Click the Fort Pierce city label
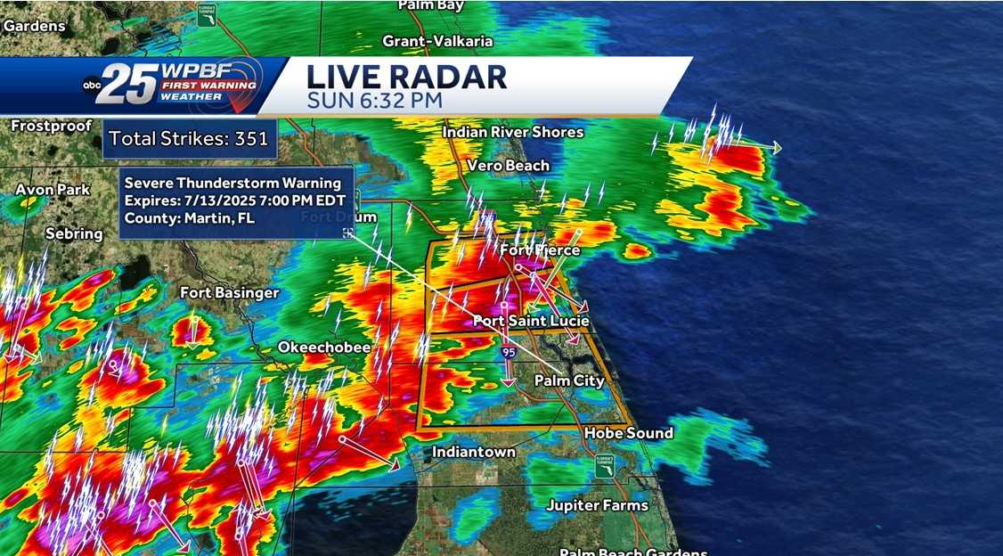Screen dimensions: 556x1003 click(x=540, y=250)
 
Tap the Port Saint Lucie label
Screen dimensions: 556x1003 click(x=531, y=321)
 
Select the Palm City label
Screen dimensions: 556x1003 click(x=569, y=380)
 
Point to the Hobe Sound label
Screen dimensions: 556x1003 click(x=628, y=433)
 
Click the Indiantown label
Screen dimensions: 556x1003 click(x=474, y=452)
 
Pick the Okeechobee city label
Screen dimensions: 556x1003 click(x=324, y=347)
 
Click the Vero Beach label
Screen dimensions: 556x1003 click(x=509, y=166)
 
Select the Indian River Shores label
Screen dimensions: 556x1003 click(x=513, y=133)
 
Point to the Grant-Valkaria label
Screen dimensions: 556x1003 click(x=437, y=41)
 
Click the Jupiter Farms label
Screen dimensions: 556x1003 click(x=598, y=505)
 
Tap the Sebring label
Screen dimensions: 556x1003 click(x=74, y=233)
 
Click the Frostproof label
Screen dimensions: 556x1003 click(x=52, y=127)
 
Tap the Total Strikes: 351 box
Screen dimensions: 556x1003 click(x=184, y=139)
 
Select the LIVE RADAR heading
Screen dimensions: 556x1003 click(x=406, y=77)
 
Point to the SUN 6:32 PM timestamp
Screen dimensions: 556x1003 click(x=374, y=100)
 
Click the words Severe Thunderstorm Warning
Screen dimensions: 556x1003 click(x=232, y=184)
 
